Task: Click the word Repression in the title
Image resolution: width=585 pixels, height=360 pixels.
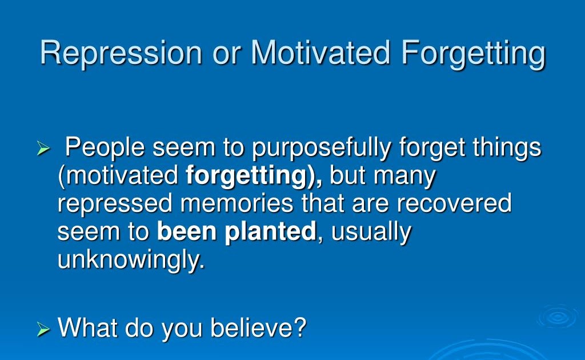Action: click(121, 53)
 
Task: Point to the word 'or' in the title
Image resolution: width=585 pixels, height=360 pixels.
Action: click(226, 56)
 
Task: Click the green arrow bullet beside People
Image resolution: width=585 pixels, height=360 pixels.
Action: click(43, 149)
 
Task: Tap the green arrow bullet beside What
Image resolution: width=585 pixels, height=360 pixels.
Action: click(43, 329)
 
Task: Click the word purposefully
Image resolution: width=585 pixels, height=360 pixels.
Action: click(322, 149)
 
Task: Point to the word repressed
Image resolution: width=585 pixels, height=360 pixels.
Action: click(115, 205)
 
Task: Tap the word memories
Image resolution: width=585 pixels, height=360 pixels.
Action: click(237, 203)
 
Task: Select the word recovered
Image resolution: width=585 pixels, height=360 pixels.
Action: click(454, 203)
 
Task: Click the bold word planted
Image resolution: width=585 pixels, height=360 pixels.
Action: click(270, 233)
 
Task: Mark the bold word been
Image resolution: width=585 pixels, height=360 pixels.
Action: click(187, 231)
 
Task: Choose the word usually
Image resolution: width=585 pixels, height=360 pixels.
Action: click(371, 233)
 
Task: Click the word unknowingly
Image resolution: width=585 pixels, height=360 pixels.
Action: click(131, 261)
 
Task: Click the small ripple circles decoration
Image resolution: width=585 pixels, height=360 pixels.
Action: click(558, 318)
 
